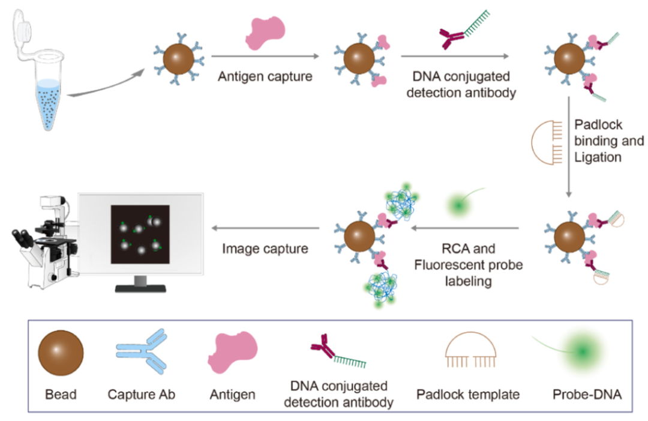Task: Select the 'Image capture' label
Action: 265,248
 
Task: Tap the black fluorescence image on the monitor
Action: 140,234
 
